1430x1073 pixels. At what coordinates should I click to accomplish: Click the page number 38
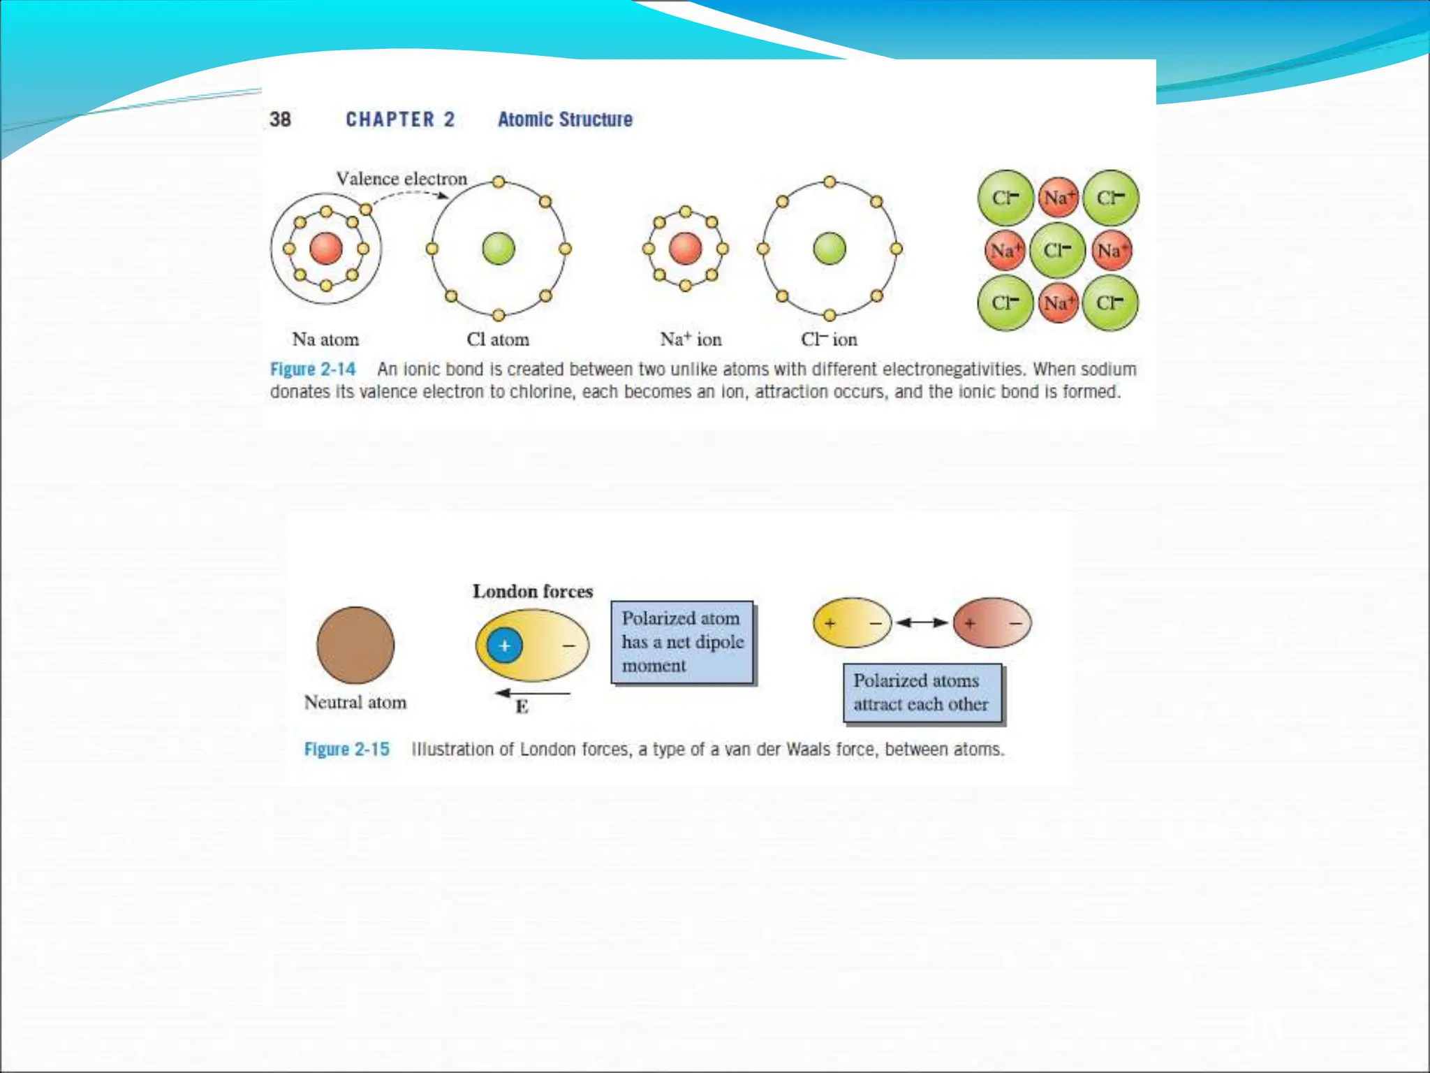click(x=280, y=119)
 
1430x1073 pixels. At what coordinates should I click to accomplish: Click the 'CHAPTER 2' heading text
click(x=400, y=119)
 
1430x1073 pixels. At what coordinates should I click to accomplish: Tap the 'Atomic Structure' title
click(x=565, y=119)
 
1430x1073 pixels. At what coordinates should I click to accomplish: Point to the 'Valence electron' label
click(x=401, y=179)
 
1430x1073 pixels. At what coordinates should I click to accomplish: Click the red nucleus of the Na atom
click(x=326, y=249)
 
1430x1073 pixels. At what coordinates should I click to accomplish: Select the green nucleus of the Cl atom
click(x=499, y=249)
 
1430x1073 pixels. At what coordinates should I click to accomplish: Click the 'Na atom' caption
click(x=325, y=340)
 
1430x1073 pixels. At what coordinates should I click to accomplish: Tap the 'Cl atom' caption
click(x=498, y=340)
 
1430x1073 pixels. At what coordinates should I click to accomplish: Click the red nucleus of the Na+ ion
click(x=685, y=249)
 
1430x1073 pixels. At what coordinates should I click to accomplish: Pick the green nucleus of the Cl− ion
click(x=830, y=249)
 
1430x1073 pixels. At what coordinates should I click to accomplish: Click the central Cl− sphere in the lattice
click(x=1057, y=250)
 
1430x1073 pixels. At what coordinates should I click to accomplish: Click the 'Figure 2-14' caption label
click(x=313, y=369)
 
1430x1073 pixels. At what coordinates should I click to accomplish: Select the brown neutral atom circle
click(x=355, y=645)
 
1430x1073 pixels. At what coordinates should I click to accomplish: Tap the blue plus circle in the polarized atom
click(x=505, y=645)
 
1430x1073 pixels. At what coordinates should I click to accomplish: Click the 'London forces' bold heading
click(x=533, y=592)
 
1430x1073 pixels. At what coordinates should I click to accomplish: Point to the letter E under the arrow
click(x=522, y=707)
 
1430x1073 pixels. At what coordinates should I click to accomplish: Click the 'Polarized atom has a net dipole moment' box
click(x=682, y=642)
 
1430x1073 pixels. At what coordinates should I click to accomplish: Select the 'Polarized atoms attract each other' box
click(x=922, y=693)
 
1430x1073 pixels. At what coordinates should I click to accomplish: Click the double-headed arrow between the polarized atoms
click(x=922, y=622)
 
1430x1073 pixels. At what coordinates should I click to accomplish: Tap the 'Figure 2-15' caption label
click(x=346, y=750)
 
